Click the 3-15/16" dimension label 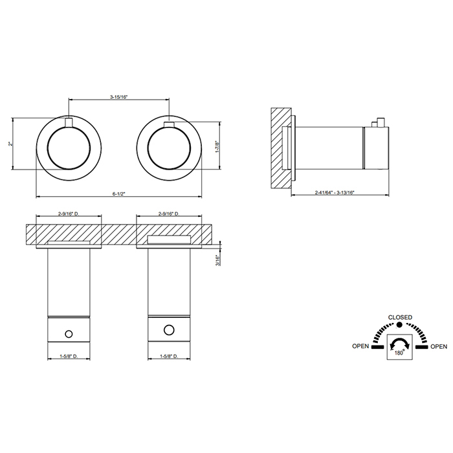(118, 97)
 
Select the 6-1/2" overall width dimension (118, 194)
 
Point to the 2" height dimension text (10, 144)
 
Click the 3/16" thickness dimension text (217, 260)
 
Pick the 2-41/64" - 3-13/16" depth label (335, 192)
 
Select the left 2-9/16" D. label (69, 214)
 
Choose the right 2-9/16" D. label (169, 214)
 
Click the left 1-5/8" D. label (69, 356)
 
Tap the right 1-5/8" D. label (169, 356)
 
